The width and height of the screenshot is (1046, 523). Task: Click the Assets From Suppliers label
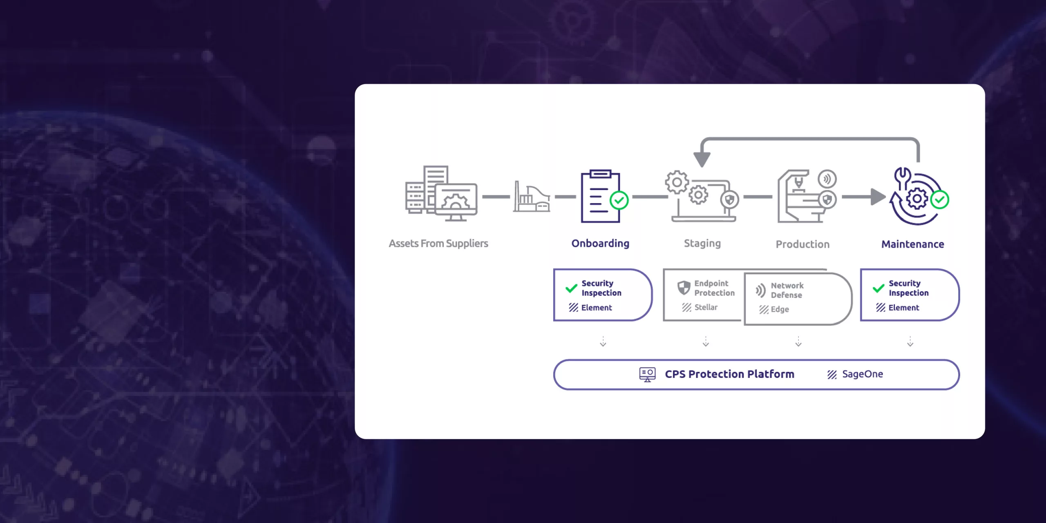tap(438, 244)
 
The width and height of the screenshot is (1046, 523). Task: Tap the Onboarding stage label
tap(600, 244)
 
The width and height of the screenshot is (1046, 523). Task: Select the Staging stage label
tap(702, 244)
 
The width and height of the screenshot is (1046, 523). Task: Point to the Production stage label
tap(802, 244)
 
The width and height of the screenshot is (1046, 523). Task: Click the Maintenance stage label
tap(912, 244)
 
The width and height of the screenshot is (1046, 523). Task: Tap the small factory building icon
tap(531, 197)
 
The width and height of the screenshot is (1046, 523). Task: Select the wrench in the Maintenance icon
tap(902, 178)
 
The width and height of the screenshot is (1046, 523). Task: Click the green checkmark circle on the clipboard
tap(619, 200)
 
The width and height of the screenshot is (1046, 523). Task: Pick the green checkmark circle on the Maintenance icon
tap(939, 200)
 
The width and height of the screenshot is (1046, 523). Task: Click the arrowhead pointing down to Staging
tap(702, 159)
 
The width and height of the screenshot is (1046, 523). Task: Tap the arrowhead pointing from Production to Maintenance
tap(877, 197)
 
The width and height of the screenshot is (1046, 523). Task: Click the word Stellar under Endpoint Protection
tap(706, 307)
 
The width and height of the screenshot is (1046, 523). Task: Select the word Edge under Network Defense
tap(780, 309)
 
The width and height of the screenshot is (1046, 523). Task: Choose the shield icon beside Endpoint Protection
tap(684, 288)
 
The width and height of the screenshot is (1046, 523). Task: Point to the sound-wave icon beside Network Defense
tap(760, 290)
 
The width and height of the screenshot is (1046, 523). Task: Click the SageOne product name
tap(862, 374)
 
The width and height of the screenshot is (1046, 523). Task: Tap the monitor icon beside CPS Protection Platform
tap(647, 374)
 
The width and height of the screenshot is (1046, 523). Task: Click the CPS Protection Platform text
tap(729, 374)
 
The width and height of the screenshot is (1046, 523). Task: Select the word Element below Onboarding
tap(597, 308)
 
